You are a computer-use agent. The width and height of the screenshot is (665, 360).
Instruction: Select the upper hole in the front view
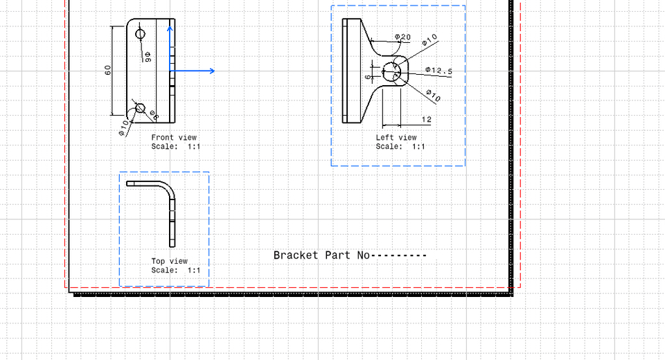coord(141,33)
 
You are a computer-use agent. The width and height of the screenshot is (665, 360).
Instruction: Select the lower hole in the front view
coord(140,107)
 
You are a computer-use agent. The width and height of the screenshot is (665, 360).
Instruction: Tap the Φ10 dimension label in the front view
coord(124,127)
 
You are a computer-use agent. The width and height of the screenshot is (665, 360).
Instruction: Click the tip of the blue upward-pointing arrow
coord(170,27)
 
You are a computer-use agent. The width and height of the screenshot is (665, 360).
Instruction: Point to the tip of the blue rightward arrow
coord(214,71)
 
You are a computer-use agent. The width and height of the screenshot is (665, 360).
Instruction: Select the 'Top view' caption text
coord(170,261)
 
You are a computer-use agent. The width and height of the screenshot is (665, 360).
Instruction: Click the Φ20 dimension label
coord(402,37)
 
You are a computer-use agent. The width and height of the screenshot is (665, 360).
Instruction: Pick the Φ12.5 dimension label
coord(438,71)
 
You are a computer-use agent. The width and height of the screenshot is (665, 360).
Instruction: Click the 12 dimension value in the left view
coord(426,120)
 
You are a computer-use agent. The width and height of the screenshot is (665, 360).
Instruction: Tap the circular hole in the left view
coord(393,71)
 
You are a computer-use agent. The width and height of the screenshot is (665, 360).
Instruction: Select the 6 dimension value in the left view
coord(368,77)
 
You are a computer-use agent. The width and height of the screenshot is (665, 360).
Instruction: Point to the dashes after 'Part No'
coord(400,255)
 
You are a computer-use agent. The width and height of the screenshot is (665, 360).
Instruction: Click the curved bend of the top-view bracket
coord(168,187)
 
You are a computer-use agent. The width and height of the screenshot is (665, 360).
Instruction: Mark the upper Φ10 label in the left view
coord(429,41)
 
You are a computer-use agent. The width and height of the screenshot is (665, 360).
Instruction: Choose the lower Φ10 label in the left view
coord(432,95)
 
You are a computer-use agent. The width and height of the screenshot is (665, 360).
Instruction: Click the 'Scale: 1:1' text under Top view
coord(176,270)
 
